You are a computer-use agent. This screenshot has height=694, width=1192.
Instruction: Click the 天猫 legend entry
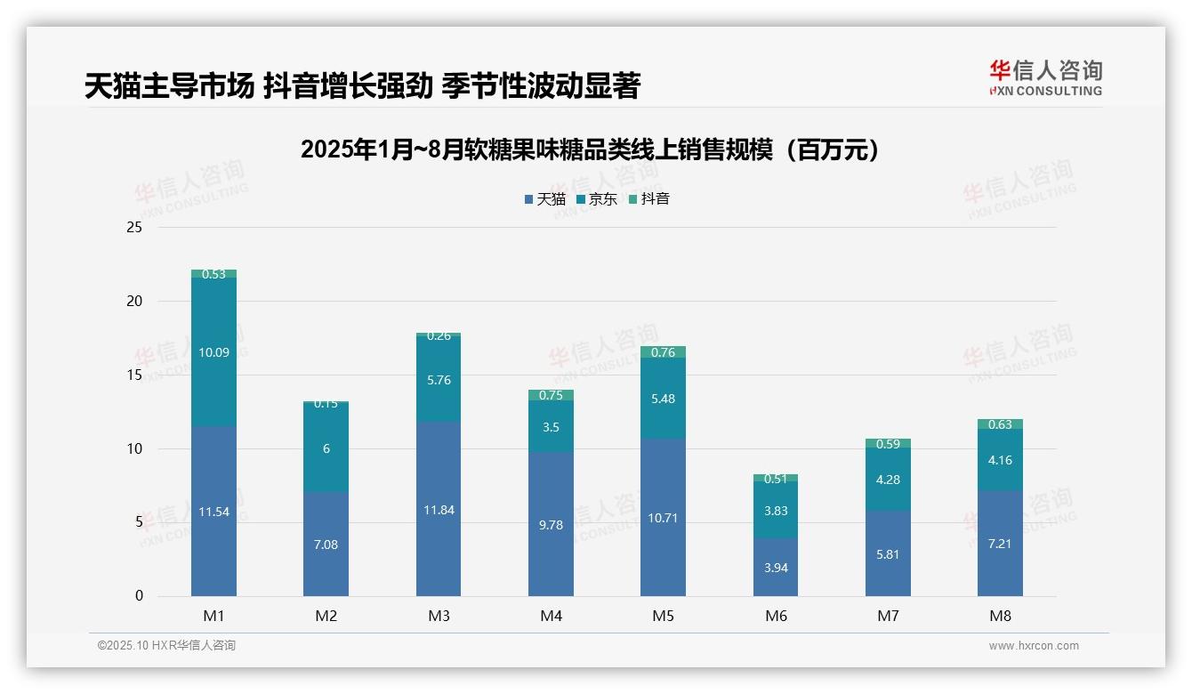(x=544, y=199)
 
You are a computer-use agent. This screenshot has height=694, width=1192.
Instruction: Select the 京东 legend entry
(x=596, y=199)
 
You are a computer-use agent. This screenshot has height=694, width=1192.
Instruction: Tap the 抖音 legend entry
(x=648, y=199)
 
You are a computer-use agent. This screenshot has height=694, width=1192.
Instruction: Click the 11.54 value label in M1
(x=213, y=512)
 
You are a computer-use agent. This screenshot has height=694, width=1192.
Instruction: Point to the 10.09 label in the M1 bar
(x=213, y=352)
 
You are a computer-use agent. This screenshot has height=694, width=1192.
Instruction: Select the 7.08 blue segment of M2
(x=326, y=544)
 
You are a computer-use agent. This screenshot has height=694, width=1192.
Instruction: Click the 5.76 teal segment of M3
(x=439, y=380)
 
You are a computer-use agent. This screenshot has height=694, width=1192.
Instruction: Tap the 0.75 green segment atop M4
(x=551, y=395)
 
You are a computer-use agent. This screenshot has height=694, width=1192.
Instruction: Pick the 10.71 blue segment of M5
(x=663, y=517)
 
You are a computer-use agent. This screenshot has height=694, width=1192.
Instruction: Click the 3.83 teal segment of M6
(x=776, y=510)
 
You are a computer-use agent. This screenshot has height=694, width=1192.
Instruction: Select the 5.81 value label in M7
(x=888, y=554)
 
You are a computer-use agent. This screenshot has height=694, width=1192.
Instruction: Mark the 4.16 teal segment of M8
(x=1000, y=460)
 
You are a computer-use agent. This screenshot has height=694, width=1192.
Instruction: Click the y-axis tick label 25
(x=134, y=228)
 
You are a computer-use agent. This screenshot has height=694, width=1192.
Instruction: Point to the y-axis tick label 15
(x=134, y=375)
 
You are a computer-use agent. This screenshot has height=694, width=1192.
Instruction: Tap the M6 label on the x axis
(x=776, y=616)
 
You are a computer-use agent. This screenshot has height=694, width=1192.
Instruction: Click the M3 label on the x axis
(x=439, y=616)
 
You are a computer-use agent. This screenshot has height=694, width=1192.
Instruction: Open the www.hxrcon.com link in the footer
(x=1034, y=646)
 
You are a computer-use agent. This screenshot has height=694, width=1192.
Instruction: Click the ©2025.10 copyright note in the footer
(x=166, y=646)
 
